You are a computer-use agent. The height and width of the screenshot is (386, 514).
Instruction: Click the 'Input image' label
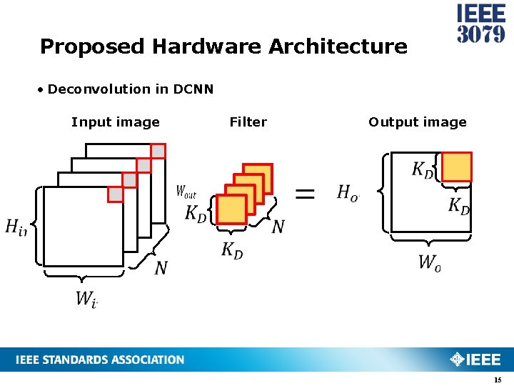(116, 122)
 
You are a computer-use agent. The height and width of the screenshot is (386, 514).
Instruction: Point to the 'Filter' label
(248, 122)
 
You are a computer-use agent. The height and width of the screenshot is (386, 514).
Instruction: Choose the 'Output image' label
(417, 122)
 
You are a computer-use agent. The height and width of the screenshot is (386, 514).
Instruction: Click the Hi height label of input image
(15, 227)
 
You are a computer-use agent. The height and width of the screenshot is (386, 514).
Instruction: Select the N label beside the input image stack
(161, 268)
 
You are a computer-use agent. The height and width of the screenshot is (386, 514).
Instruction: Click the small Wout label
(186, 192)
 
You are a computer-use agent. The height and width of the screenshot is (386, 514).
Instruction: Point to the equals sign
(305, 194)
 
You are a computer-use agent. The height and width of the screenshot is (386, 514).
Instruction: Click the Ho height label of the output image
(347, 192)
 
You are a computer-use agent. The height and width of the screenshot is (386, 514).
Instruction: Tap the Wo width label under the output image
(429, 262)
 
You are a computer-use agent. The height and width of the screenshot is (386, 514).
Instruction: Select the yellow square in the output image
(457, 167)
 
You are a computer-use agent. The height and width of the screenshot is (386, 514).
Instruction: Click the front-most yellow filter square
(231, 209)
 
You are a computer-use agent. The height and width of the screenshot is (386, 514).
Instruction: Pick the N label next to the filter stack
(278, 227)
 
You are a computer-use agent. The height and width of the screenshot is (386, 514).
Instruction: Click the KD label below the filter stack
(232, 250)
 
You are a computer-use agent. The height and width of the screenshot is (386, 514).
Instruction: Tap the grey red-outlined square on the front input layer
(115, 194)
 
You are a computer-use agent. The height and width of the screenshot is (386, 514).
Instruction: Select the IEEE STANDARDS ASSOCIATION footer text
(100, 360)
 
